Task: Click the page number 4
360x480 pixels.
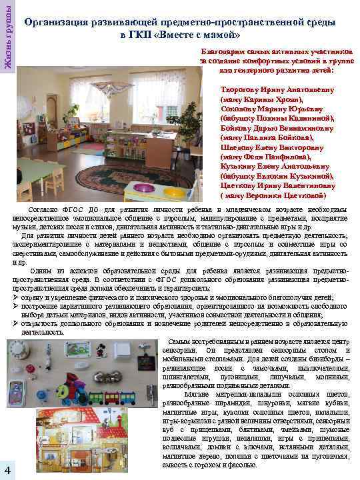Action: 6,464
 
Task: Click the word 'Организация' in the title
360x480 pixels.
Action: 59,22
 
